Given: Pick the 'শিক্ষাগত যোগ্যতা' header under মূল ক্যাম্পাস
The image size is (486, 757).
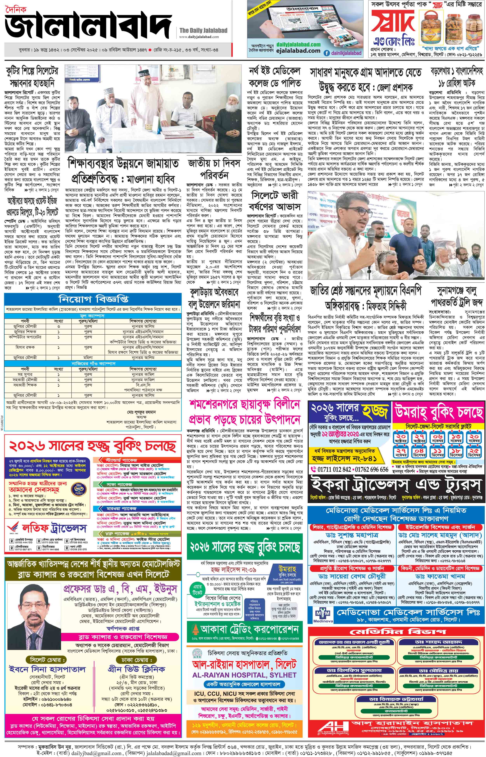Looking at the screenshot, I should (145, 321).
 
